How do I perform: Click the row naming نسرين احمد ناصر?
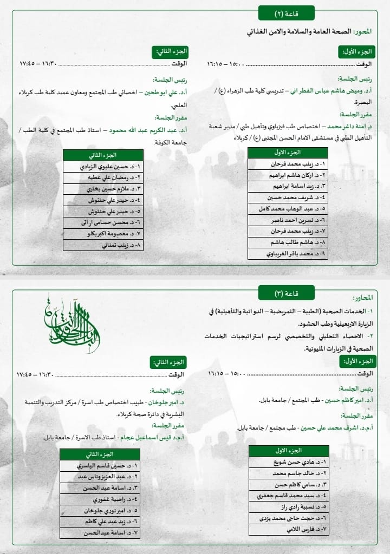click(x=288, y=220)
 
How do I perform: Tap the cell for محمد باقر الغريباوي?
click(x=288, y=253)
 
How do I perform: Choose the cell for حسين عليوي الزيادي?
click(x=103, y=167)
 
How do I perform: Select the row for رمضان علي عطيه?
click(x=103, y=177)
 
